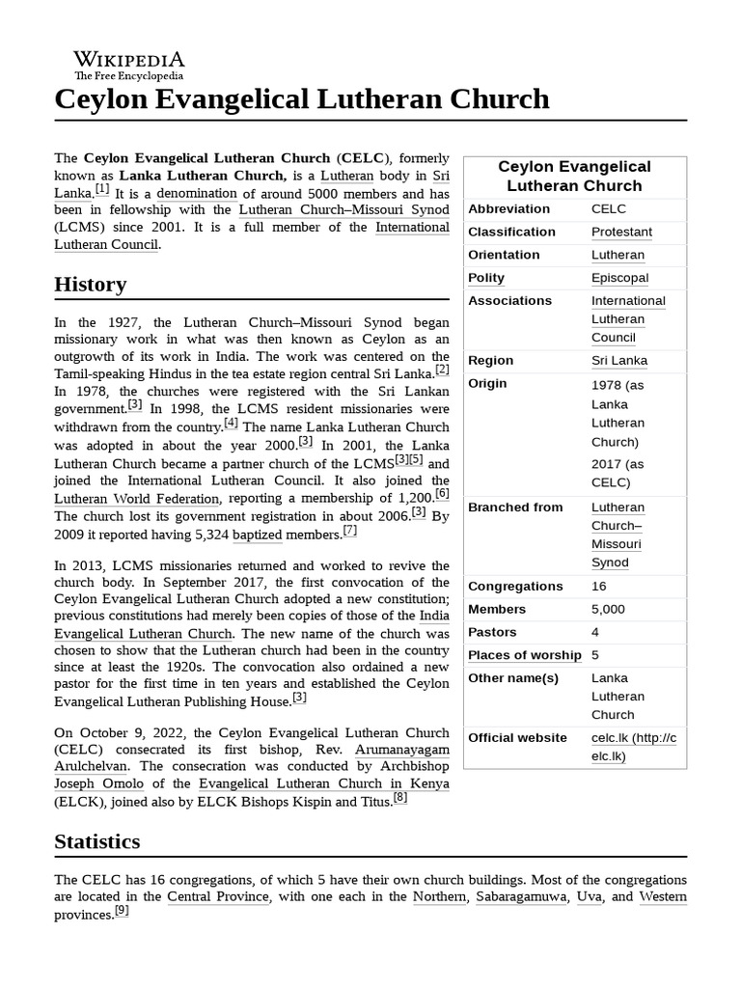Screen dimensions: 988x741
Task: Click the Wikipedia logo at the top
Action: (x=128, y=65)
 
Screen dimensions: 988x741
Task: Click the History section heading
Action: (x=90, y=285)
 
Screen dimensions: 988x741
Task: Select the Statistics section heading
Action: (x=96, y=841)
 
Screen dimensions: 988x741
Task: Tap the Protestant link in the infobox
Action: (x=621, y=232)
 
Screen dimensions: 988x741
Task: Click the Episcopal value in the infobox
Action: (x=619, y=278)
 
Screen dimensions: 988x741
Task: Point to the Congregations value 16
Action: (x=599, y=587)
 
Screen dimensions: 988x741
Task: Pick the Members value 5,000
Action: (x=608, y=610)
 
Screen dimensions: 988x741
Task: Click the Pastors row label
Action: (x=492, y=633)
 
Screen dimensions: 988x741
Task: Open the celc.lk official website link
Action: (x=633, y=747)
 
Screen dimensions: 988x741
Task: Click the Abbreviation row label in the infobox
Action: (x=510, y=208)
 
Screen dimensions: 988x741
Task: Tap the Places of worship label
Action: (x=524, y=656)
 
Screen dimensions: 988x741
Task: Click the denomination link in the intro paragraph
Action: (x=197, y=193)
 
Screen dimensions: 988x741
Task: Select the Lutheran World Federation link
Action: (x=136, y=499)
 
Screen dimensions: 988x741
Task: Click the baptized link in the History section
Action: (x=258, y=535)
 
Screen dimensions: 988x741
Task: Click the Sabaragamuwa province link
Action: (x=521, y=897)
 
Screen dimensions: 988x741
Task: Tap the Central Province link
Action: (x=218, y=897)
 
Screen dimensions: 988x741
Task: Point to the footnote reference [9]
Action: (x=122, y=910)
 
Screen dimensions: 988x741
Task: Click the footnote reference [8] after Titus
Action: (x=400, y=797)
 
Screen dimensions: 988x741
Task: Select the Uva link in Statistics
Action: (x=589, y=897)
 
